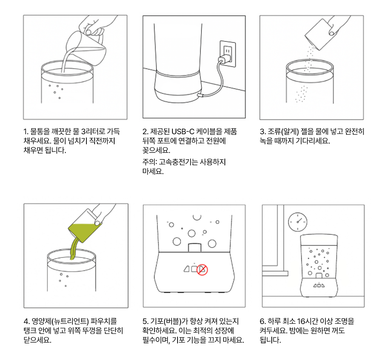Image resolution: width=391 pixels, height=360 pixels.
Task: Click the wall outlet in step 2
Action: point(228,54)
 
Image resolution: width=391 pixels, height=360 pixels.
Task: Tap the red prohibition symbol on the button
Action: point(202,270)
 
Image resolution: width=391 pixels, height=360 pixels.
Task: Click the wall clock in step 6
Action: point(298,222)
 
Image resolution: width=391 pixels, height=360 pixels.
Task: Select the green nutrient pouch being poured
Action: point(85,226)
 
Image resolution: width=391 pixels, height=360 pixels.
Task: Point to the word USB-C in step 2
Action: point(183,131)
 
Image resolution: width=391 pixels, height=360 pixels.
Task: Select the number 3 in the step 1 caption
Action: point(84,131)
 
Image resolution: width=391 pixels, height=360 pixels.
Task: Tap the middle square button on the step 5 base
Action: point(194,269)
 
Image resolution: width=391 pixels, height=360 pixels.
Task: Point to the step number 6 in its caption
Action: point(262,321)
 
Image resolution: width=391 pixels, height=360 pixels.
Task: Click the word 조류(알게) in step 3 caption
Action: point(283,131)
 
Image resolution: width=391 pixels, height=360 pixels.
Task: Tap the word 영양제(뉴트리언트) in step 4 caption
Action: point(60,321)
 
